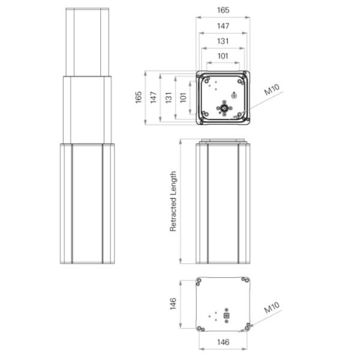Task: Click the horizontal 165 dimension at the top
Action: [223, 10]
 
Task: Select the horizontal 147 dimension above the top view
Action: [223, 26]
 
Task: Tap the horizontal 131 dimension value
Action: [223, 41]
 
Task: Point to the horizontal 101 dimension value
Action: [223, 56]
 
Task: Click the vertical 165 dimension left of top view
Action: [139, 97]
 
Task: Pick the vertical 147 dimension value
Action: [154, 97]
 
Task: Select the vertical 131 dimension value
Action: [169, 98]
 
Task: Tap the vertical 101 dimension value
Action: [183, 98]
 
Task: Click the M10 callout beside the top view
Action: [272, 89]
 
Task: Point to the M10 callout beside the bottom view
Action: [272, 307]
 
